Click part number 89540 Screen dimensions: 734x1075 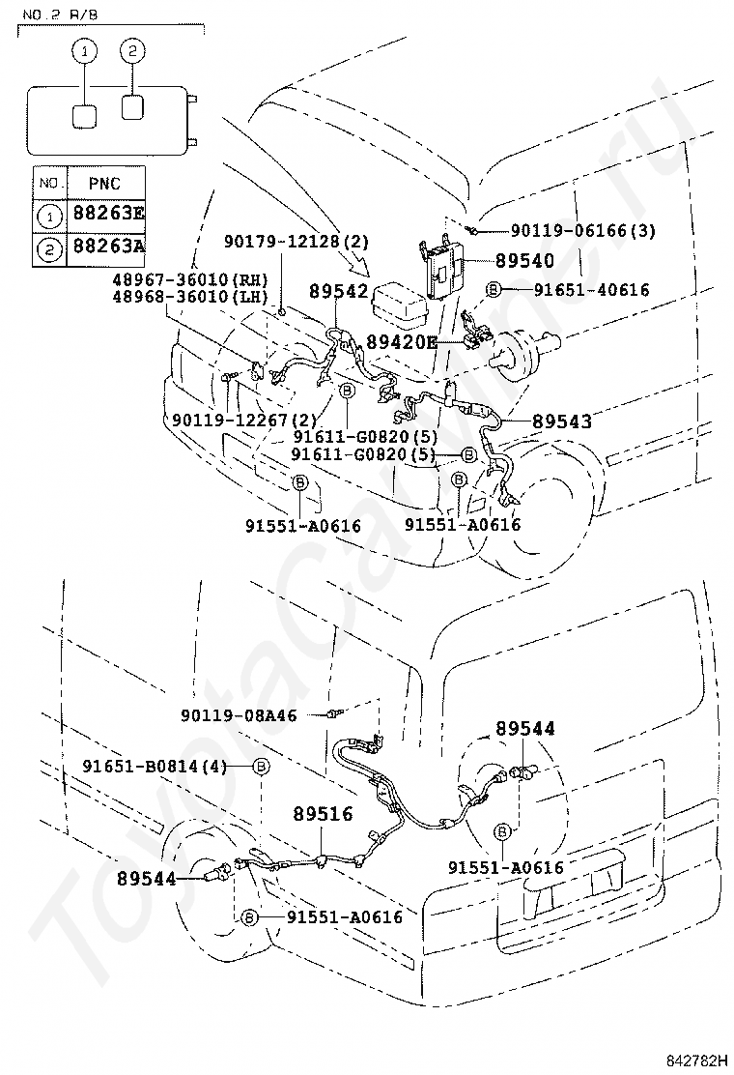click(x=524, y=260)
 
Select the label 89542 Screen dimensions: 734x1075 click(x=338, y=291)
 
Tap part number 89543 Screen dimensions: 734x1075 click(x=562, y=421)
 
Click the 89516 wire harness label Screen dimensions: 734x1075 click(x=324, y=814)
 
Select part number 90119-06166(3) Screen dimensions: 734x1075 click(x=582, y=231)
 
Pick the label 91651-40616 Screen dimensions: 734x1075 click(x=592, y=290)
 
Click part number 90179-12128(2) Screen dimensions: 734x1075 click(x=296, y=242)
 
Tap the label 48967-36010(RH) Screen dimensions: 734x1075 click(x=190, y=279)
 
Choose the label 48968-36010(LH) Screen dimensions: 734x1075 click(x=190, y=296)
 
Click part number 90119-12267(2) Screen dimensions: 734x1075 click(x=244, y=420)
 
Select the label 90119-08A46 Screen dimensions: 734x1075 click(x=239, y=715)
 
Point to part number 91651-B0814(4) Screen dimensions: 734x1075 click(x=155, y=766)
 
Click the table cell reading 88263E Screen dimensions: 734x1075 click(x=108, y=213)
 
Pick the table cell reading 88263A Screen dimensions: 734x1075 click(x=108, y=245)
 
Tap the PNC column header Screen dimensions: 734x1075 click(x=104, y=183)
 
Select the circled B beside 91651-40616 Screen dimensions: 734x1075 click(x=494, y=290)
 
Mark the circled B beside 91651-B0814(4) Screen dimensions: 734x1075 click(x=262, y=767)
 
